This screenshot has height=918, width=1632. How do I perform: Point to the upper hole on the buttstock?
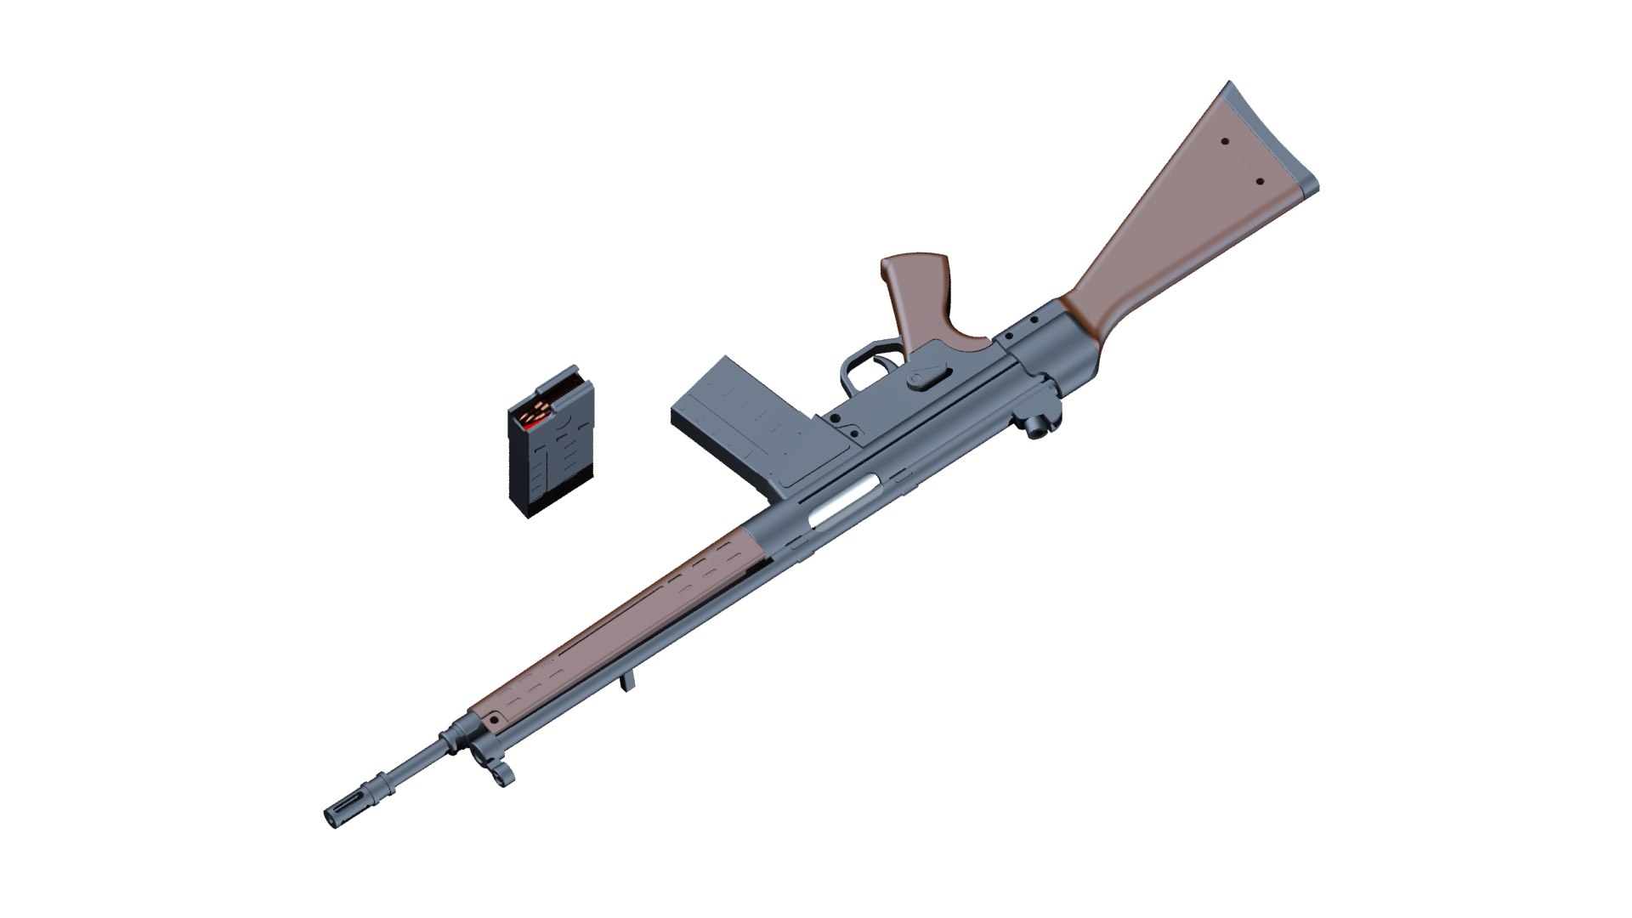(1225, 143)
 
